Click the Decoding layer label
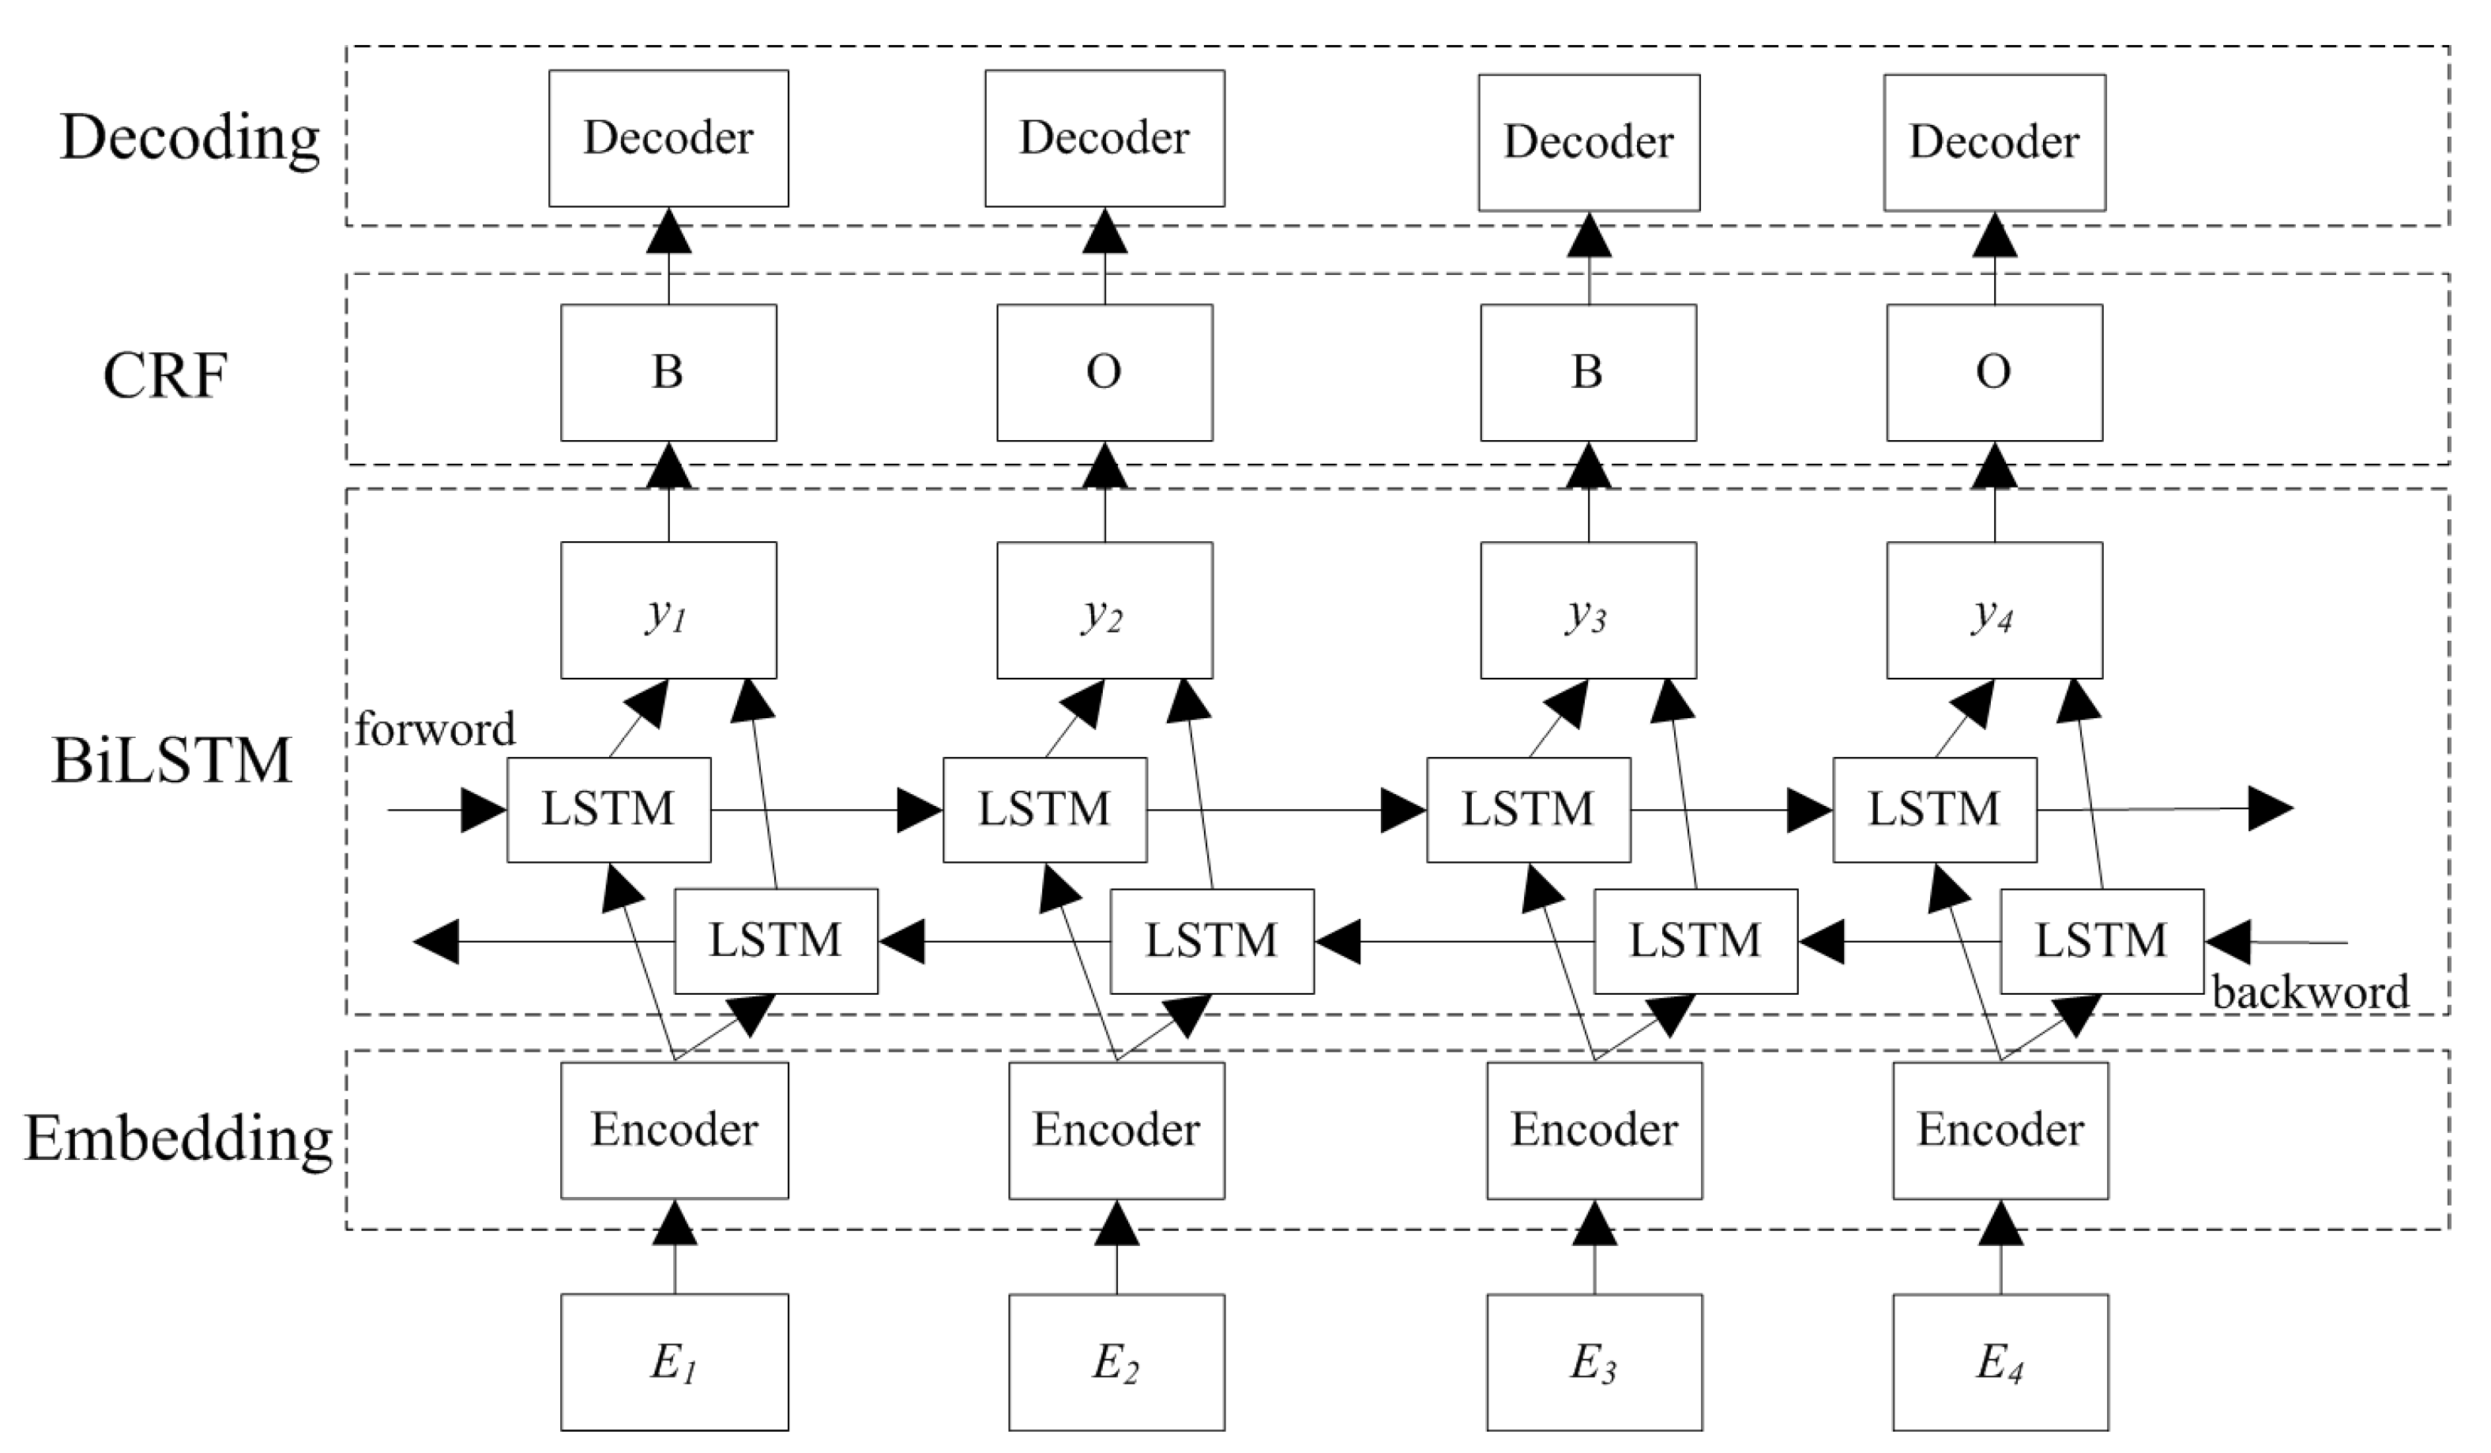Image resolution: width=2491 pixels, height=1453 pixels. pyautogui.click(x=190, y=138)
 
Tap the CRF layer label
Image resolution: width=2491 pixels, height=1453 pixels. pyautogui.click(x=165, y=375)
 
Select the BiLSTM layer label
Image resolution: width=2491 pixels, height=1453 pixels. pyautogui.click(x=172, y=761)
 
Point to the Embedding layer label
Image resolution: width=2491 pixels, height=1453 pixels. pyautogui.click(x=178, y=1139)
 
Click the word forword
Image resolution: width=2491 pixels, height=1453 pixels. pyautogui.click(x=435, y=729)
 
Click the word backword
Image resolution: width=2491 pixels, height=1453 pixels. pyautogui.click(x=2310, y=992)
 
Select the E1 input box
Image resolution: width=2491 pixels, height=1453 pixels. pyautogui.click(x=674, y=1362)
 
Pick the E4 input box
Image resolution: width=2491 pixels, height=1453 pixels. pyautogui.click(x=2000, y=1362)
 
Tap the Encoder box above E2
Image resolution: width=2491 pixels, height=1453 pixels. pyautogui.click(x=1116, y=1130)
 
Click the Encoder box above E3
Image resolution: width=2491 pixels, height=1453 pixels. pyautogui.click(x=1594, y=1130)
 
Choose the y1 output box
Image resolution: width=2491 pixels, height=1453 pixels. pyautogui.click(x=668, y=610)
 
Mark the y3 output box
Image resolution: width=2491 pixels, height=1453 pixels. pyautogui.click(x=1587, y=610)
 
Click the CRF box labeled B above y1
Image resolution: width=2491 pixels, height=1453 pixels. pyautogui.click(x=668, y=371)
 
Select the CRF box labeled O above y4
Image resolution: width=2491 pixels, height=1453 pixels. pyautogui.click(x=1994, y=371)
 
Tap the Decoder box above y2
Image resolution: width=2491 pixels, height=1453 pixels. pyautogui.click(x=1104, y=137)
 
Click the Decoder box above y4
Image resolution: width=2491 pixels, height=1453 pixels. pyautogui.click(x=1994, y=141)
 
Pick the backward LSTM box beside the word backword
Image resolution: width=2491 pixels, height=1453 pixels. pyautogui.click(x=2102, y=940)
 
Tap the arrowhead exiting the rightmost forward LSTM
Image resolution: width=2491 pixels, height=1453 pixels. pyautogui.click(x=2271, y=808)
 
